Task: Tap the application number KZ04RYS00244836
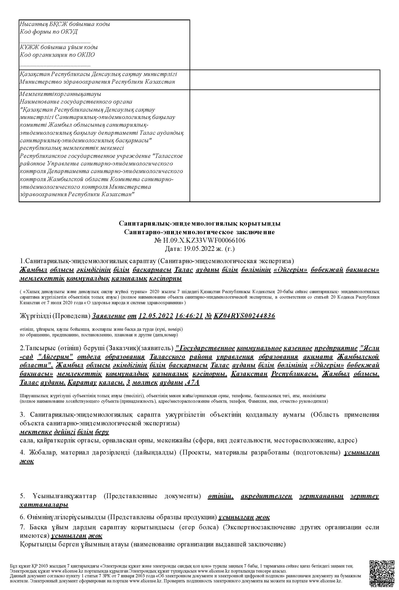click(x=244, y=316)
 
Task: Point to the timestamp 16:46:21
click(x=188, y=316)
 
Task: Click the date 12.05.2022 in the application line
click(x=156, y=316)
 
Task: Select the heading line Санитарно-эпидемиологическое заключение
click(x=199, y=232)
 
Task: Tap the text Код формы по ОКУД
click(x=49, y=32)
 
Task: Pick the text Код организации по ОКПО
click(x=57, y=55)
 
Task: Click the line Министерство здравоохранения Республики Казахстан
click(x=97, y=82)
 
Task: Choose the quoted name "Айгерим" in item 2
click(x=55, y=357)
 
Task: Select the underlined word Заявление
click(x=109, y=316)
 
